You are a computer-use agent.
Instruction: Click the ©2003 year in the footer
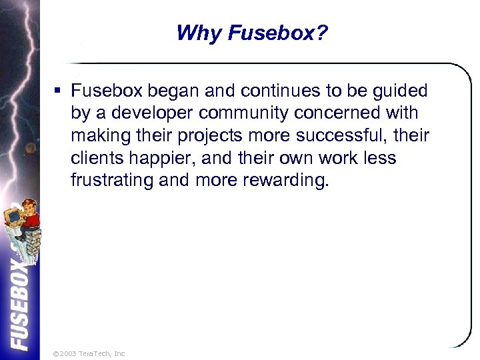(65, 353)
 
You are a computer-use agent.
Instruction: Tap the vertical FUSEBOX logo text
(20, 303)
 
